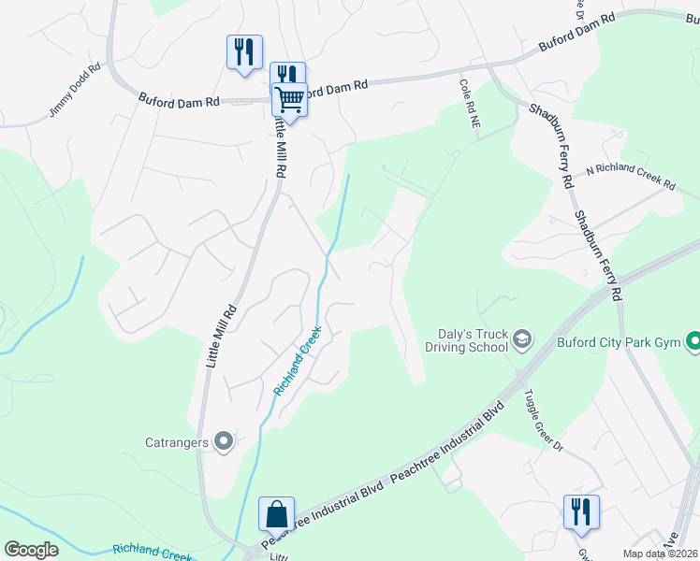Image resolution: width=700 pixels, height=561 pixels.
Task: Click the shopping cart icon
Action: (290, 99)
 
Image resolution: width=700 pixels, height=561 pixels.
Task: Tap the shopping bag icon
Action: (276, 514)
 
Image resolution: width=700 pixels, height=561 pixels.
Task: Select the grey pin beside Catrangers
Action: (223, 441)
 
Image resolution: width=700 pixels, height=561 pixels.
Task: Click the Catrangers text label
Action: (177, 442)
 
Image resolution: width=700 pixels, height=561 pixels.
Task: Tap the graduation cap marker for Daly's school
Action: (523, 338)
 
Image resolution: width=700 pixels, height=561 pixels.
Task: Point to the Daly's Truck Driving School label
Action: (473, 340)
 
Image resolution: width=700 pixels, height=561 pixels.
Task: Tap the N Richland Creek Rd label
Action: (630, 176)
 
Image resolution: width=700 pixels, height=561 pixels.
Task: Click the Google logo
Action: (31, 550)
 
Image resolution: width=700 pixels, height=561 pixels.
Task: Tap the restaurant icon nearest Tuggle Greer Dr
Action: (581, 512)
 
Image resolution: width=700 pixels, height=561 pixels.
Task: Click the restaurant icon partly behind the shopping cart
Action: (286, 74)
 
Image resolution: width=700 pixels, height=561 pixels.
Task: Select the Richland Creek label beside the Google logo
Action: (152, 552)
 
